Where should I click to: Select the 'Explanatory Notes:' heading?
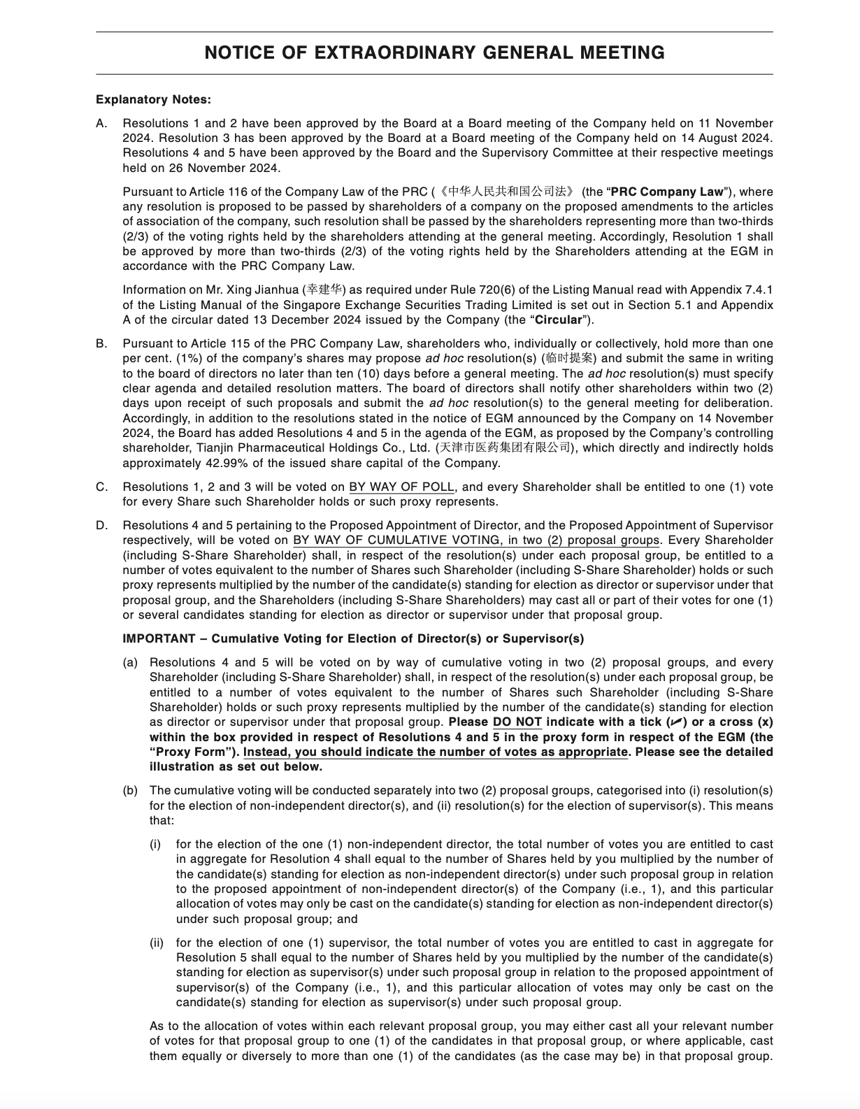tap(153, 100)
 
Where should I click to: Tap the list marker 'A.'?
tap(102, 123)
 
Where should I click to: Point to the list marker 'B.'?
tap(102, 343)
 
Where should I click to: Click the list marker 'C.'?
tap(102, 487)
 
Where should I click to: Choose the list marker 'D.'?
tap(102, 525)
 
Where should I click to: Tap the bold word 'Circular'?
tap(558, 320)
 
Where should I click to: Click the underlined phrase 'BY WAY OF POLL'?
tap(402, 487)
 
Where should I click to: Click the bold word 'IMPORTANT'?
tap(159, 638)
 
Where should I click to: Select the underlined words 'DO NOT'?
tap(517, 722)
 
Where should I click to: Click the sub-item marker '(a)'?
tap(130, 662)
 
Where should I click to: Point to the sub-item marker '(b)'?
tap(130, 791)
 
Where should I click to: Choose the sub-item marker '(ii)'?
tap(157, 943)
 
